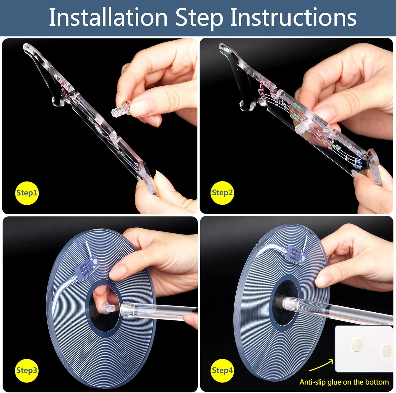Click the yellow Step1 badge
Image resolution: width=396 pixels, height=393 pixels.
pos(27,193)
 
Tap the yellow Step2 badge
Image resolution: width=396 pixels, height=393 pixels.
pos(222,193)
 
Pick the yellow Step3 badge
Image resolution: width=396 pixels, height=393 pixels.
pos(27,371)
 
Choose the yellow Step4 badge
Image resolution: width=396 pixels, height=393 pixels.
pos(222,371)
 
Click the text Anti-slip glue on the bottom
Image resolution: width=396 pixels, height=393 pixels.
pos(344,382)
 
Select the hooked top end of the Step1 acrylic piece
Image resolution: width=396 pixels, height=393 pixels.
pos(29,49)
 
